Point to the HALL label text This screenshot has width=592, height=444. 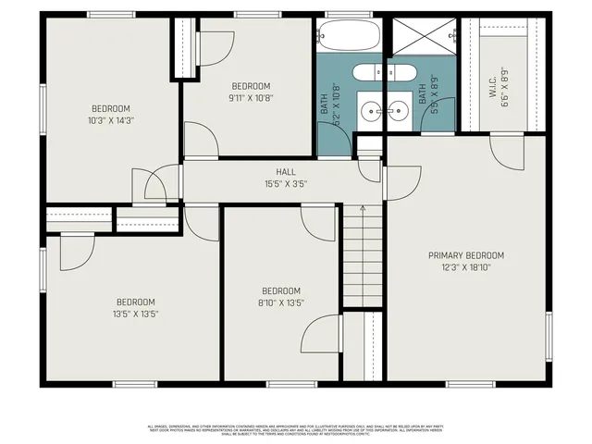(285, 172)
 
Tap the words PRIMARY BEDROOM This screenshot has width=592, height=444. (466, 255)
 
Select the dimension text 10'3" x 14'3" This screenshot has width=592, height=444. (110, 119)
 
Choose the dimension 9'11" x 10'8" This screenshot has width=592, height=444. (251, 97)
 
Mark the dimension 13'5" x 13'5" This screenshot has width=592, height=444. (135, 314)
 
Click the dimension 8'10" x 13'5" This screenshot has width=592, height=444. (280, 302)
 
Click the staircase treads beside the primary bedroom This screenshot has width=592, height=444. (364, 259)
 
